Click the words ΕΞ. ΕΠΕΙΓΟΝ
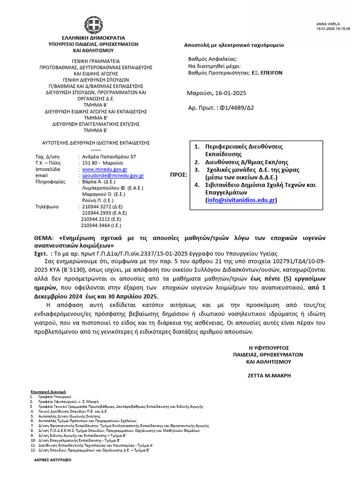(266, 73)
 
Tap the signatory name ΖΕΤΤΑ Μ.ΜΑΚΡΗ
(269, 376)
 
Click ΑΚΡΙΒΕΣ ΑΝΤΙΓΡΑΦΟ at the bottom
(52, 461)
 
